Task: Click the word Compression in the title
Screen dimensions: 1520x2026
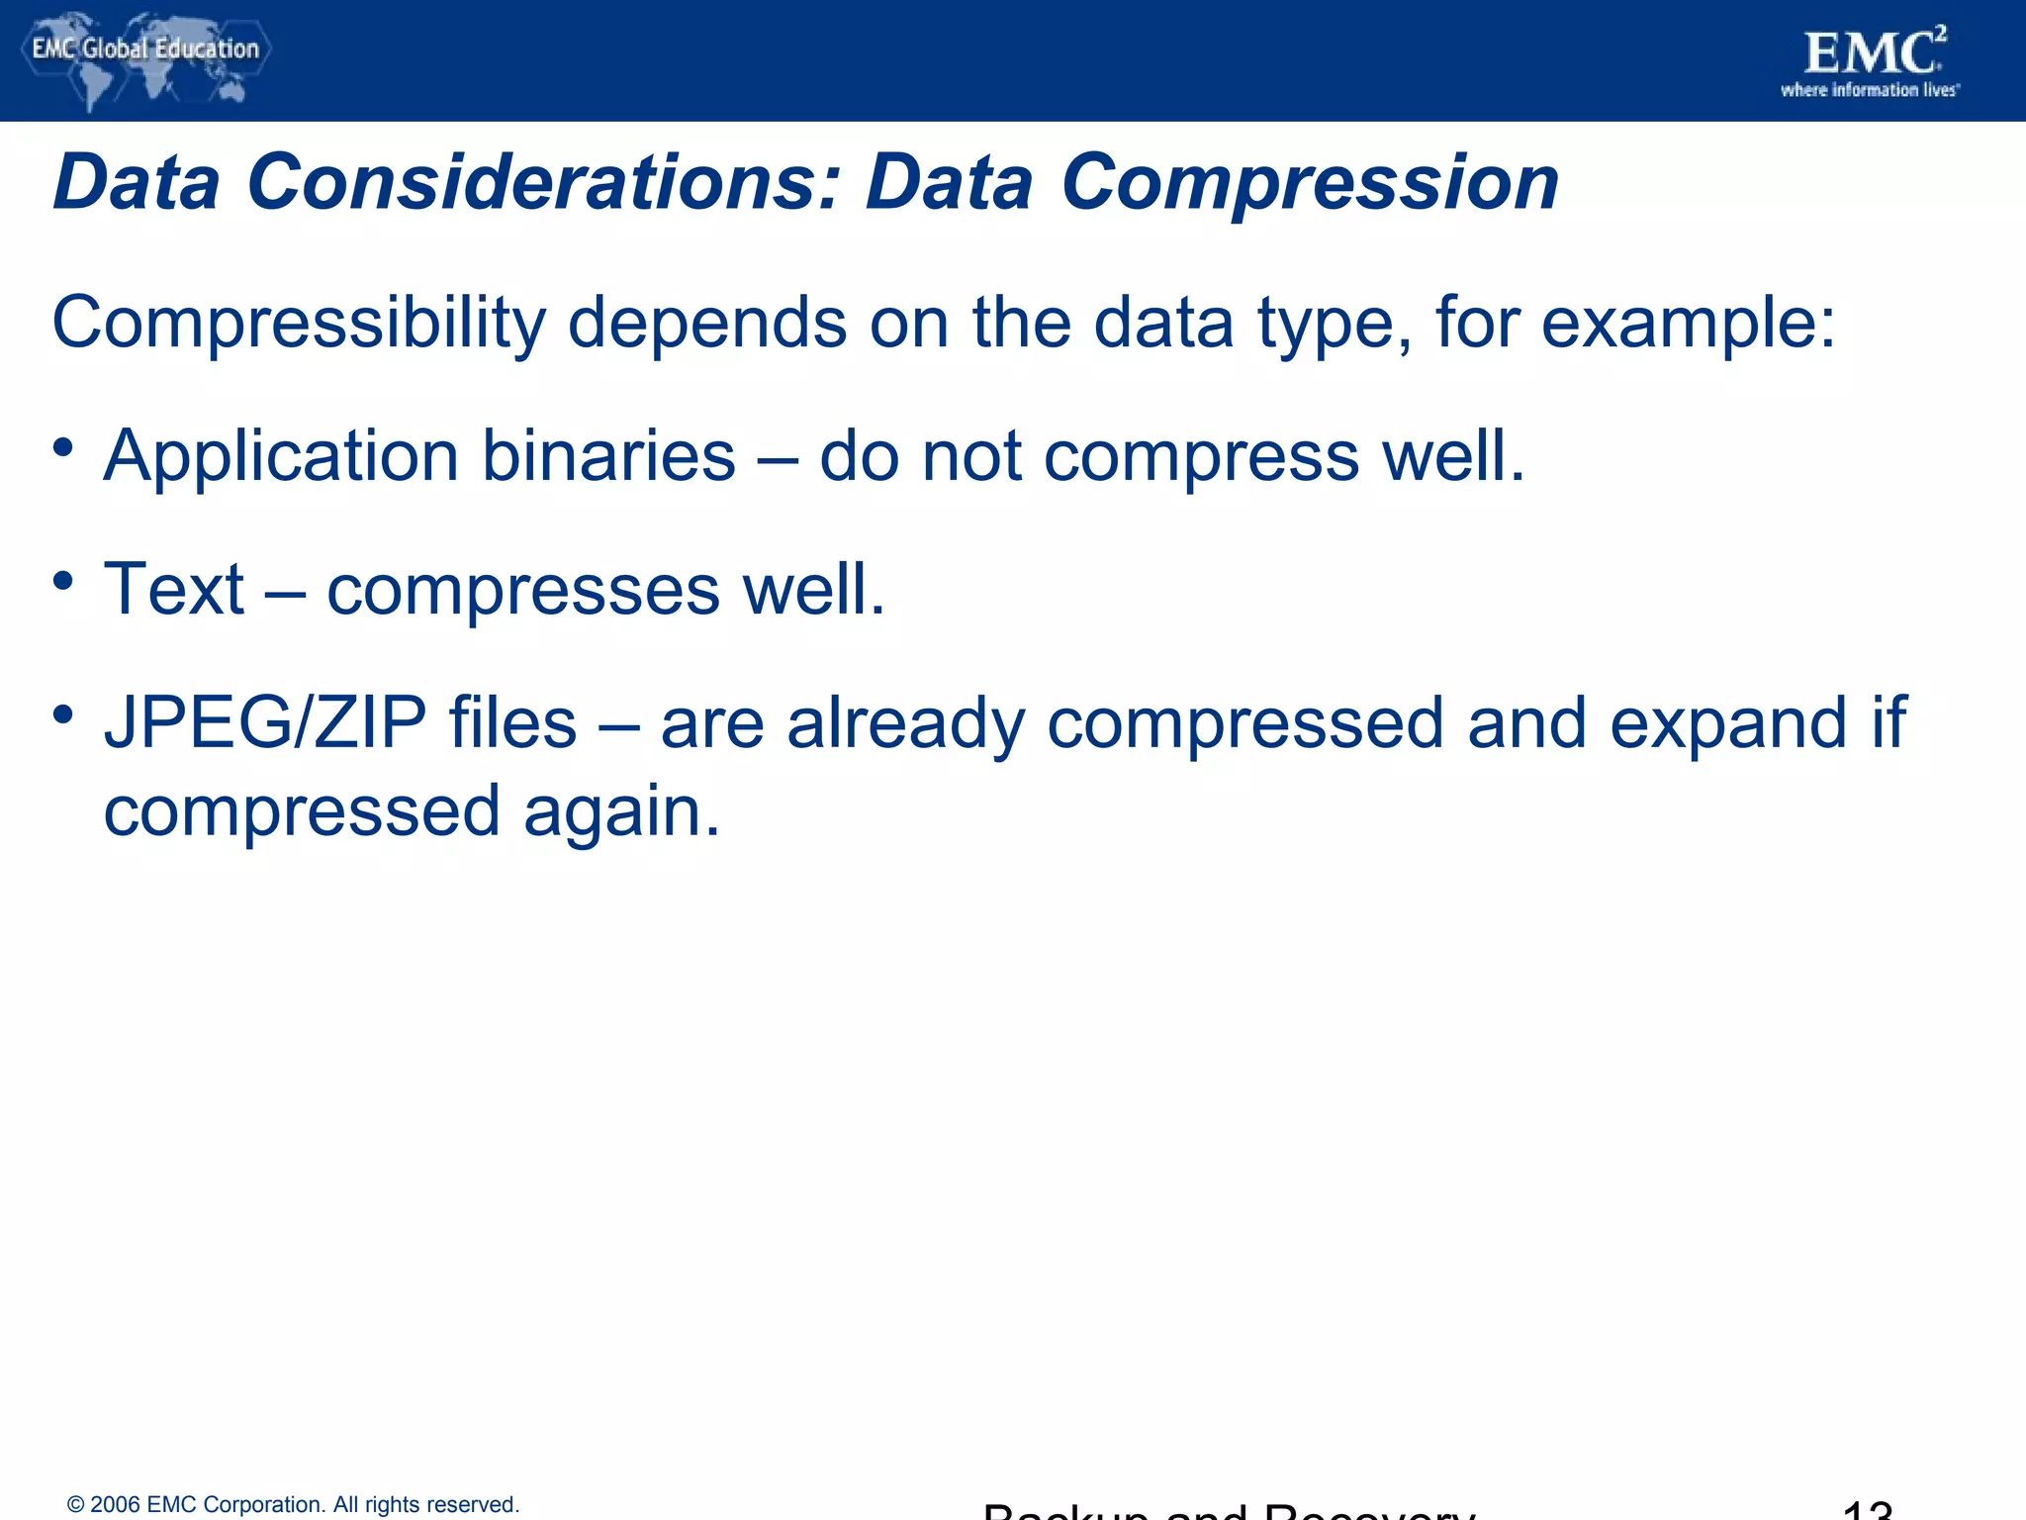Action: pyautogui.click(x=1310, y=183)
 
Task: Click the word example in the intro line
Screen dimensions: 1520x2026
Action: pyautogui.click(x=1688, y=324)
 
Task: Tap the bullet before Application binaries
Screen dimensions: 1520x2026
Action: pyautogui.click(x=64, y=447)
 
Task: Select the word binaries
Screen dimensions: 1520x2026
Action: pyautogui.click(x=608, y=456)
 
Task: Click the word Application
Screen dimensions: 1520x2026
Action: pyautogui.click(x=281, y=456)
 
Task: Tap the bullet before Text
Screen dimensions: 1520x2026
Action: pyautogui.click(x=64, y=581)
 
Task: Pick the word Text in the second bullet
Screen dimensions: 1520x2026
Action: pyautogui.click(x=174, y=589)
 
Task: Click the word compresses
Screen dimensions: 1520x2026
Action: pyautogui.click(x=523, y=591)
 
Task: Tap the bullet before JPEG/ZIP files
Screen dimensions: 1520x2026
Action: pyautogui.click(x=64, y=713)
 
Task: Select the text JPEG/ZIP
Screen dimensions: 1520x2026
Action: pyautogui.click(x=265, y=722)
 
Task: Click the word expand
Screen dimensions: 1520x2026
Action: pyautogui.click(x=1727, y=723)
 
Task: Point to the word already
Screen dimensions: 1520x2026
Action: pyautogui.click(x=905, y=723)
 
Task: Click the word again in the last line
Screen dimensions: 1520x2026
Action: pyautogui.click(x=621, y=811)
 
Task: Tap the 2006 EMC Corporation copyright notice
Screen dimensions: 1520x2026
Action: pyautogui.click(x=293, y=1504)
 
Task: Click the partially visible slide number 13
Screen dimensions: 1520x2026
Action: pyautogui.click(x=1867, y=1510)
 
